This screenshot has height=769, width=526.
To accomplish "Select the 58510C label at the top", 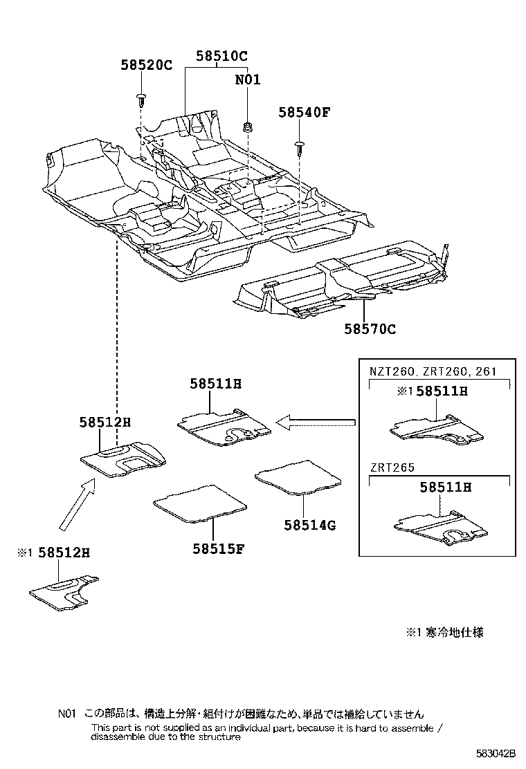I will tap(221, 56).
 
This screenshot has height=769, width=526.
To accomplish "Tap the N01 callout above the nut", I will tap(247, 80).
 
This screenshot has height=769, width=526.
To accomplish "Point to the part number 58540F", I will tap(305, 112).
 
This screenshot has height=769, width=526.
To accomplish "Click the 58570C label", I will tap(370, 329).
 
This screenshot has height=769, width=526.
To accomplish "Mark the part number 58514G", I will tap(309, 525).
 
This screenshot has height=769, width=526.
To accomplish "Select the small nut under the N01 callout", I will tap(248, 127).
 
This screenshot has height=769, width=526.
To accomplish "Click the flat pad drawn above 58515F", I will tap(199, 501).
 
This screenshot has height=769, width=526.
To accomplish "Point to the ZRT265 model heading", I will tap(392, 467).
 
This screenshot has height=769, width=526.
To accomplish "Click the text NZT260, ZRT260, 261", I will tap(433, 371).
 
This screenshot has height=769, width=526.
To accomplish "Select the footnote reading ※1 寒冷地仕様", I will tap(444, 631).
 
